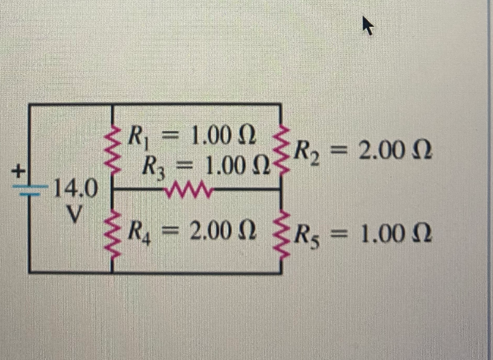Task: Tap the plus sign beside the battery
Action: (18, 171)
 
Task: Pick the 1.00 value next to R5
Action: (382, 235)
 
